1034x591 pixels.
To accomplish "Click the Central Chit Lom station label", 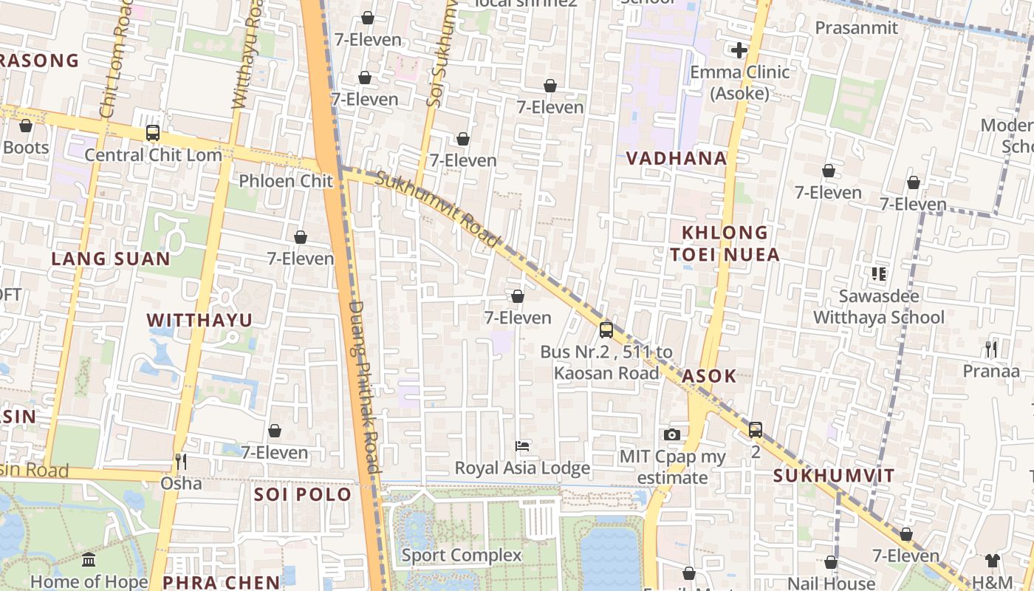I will click(x=153, y=155).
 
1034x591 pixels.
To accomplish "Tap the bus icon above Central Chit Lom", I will click(x=153, y=133).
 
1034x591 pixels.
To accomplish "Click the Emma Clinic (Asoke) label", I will click(x=739, y=83).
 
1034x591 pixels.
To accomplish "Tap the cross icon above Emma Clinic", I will click(x=739, y=50).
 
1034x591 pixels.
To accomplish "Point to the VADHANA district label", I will click(x=677, y=158).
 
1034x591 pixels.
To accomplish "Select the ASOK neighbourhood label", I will click(x=709, y=376).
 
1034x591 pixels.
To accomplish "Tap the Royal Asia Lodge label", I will click(x=522, y=468).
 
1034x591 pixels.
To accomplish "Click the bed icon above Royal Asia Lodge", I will click(x=522, y=446).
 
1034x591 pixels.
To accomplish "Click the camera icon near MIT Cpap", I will click(x=671, y=434).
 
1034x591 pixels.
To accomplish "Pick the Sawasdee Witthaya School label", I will click(x=878, y=307).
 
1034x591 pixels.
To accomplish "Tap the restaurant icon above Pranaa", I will click(x=991, y=349).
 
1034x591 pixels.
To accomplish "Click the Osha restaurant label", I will click(x=181, y=483).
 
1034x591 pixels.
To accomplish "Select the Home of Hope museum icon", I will click(x=89, y=559).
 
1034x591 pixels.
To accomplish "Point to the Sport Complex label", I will click(x=462, y=556).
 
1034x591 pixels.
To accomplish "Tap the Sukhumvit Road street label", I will click(x=438, y=209).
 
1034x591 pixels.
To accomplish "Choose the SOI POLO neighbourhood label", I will click(x=303, y=494).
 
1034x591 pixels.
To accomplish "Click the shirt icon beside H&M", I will click(x=993, y=561).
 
